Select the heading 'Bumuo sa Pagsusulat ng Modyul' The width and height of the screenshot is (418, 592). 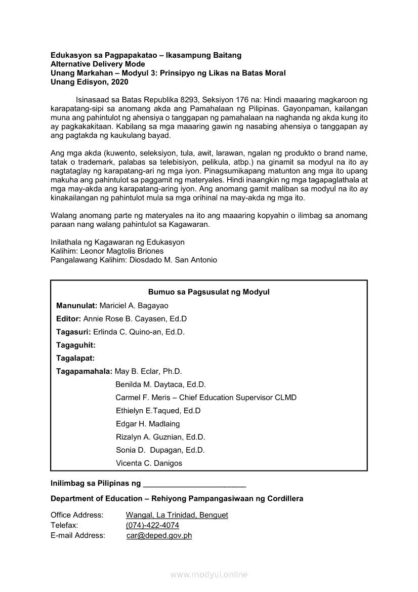tap(208, 292)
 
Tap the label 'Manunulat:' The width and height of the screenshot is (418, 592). tap(76, 305)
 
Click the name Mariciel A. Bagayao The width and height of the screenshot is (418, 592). tap(134, 305)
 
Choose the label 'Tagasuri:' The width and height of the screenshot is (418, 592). tap(73, 332)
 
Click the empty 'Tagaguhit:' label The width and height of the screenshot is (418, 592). tap(75, 345)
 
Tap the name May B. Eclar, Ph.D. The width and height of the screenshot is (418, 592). tap(148, 371)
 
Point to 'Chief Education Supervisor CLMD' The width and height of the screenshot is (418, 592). tap(237, 398)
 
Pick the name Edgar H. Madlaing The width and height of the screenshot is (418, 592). tap(148, 424)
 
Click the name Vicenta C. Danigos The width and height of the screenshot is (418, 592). tap(149, 463)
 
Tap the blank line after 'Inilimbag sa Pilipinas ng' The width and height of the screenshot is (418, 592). tap(195, 484)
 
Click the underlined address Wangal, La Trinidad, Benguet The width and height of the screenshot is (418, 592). tap(177, 515)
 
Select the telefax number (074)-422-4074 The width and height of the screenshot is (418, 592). tap(152, 525)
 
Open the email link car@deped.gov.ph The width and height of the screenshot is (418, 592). tap(159, 535)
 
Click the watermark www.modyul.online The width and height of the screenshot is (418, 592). tap(209, 574)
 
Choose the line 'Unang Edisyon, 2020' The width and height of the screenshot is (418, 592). tap(89, 82)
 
